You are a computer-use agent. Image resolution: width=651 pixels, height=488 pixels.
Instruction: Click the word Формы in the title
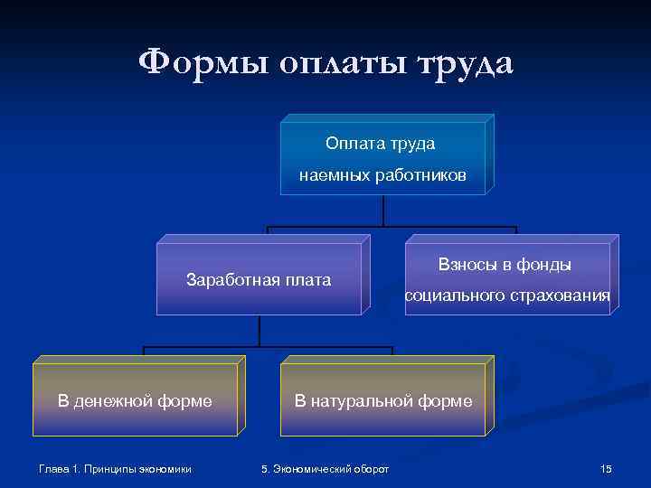[x=202, y=64]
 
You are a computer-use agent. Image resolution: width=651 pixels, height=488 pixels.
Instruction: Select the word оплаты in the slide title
[x=339, y=64]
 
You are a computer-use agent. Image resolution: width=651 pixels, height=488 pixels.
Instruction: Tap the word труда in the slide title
[x=463, y=64]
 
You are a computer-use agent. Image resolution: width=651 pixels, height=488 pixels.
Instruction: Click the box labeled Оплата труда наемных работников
[x=383, y=158]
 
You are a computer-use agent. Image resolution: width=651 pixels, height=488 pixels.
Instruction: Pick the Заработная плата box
[x=259, y=279]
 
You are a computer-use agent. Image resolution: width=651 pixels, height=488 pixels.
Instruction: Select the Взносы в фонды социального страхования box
[x=507, y=279]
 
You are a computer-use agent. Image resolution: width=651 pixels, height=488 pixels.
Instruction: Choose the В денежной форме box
[x=135, y=400]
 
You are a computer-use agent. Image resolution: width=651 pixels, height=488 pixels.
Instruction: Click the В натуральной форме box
[x=383, y=400]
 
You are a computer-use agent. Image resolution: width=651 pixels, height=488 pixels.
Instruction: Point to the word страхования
[x=561, y=296]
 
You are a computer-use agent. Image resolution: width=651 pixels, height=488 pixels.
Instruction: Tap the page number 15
[x=606, y=468]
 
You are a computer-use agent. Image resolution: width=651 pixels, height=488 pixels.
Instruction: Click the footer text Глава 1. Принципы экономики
[x=116, y=468]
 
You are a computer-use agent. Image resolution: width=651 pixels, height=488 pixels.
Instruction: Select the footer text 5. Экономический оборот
[x=325, y=468]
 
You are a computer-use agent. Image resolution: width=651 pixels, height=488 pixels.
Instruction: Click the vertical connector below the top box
[x=384, y=210]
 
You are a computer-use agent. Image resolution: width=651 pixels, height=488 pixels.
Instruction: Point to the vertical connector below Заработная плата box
[x=259, y=331]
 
